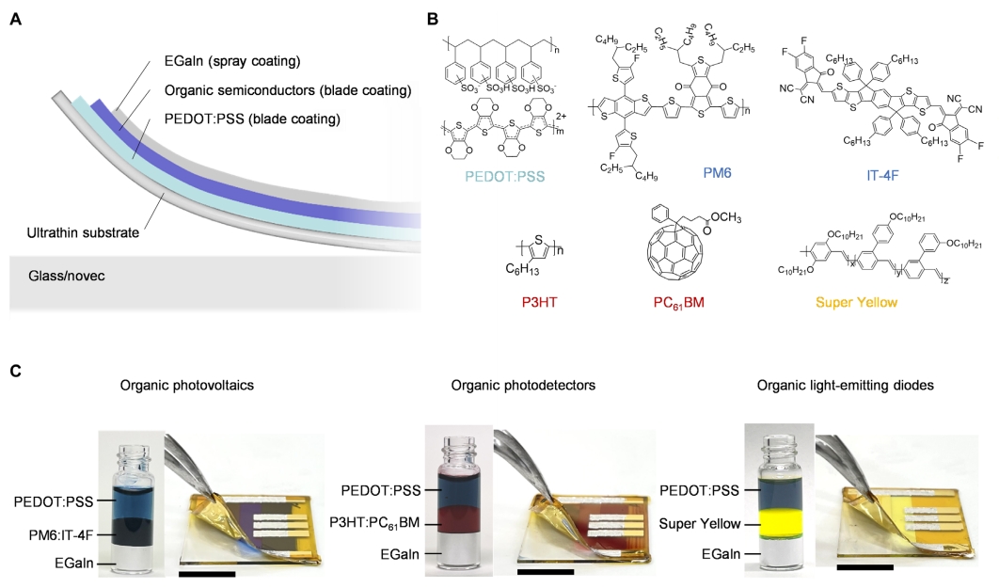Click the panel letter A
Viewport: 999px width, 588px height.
16,20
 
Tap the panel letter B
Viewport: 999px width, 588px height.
433,20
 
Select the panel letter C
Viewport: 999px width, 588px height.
16,370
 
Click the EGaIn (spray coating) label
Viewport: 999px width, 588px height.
232,61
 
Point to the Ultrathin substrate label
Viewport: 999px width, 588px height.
83,232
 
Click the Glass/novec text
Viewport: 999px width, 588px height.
66,276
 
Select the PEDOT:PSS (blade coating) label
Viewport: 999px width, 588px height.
252,119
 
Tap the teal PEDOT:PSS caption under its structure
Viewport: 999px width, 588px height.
504,176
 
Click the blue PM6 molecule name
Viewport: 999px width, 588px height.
717,173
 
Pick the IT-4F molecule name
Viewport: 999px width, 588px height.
881,175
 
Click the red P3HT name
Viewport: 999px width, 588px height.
539,302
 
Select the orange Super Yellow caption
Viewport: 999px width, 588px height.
856,302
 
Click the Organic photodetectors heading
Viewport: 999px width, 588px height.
523,386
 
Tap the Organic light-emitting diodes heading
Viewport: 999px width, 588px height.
846,386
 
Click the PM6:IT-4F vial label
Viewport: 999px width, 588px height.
62,534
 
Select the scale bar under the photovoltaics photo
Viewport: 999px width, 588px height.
208,574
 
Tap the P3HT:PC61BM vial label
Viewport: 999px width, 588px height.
374,523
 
